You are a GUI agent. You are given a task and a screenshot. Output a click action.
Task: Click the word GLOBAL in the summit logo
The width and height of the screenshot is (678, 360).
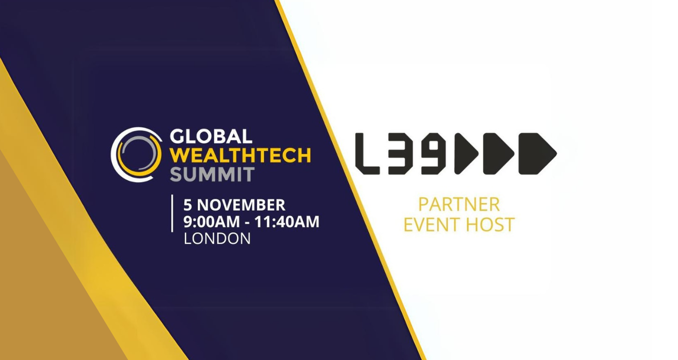211,136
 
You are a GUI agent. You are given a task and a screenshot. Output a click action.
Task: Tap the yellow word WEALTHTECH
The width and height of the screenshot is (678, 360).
241,155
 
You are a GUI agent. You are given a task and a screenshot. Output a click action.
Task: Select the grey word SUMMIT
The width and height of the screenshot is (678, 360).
212,174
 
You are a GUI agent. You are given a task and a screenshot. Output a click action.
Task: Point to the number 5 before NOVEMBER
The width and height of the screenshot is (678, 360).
188,205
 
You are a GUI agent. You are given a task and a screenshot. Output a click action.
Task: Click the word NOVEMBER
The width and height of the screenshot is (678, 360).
241,205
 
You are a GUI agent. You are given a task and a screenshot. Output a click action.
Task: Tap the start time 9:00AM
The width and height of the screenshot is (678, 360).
211,221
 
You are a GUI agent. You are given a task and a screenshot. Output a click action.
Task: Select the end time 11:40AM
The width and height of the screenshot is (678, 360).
287,221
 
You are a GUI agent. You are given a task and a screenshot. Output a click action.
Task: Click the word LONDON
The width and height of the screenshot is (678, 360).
217,239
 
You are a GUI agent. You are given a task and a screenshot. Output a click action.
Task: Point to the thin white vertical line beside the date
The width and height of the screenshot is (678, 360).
172,213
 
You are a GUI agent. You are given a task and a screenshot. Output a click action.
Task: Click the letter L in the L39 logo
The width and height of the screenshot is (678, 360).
367,154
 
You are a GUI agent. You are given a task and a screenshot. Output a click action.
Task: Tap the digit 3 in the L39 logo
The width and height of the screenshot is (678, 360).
400,154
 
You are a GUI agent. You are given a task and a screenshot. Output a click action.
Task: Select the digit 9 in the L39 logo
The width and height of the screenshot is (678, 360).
433,154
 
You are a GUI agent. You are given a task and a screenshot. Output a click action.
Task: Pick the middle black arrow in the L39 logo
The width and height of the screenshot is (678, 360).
498,154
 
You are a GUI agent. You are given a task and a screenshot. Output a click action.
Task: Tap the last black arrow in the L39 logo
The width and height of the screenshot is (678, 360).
538,154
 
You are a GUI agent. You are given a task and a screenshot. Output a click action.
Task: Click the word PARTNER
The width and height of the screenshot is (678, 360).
459,205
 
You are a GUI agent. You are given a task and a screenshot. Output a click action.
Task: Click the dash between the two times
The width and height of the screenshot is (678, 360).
247,223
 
